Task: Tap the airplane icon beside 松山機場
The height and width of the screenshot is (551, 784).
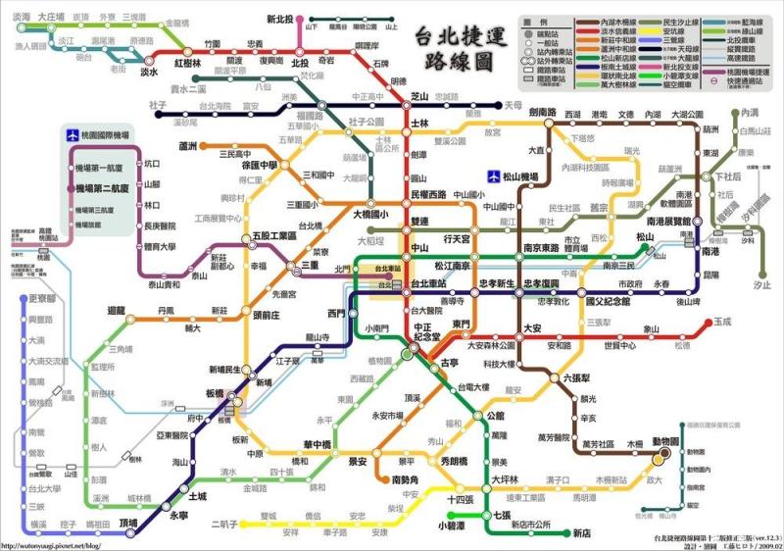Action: point(494,176)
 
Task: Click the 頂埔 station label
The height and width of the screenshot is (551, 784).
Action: point(128,524)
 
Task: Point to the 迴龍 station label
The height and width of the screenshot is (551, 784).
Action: point(118,310)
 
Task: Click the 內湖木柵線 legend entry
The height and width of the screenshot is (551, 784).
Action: point(596,21)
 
